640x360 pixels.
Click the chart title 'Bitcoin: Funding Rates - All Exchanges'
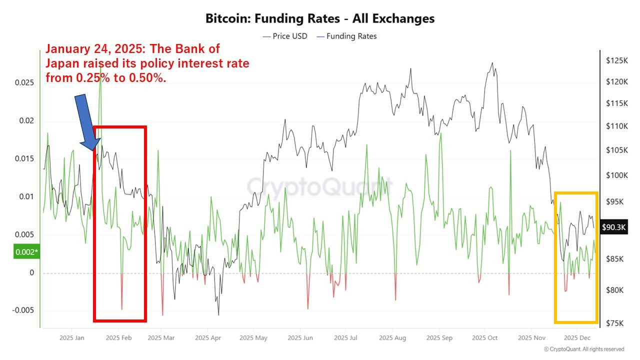coord(320,19)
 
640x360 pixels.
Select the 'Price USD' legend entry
coord(285,36)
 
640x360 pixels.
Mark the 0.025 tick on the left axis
coord(24,82)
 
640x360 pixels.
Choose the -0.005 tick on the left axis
coord(23,310)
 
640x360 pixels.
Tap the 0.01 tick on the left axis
coord(26,196)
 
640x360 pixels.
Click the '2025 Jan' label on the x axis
coord(72,338)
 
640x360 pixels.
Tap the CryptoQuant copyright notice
coord(584,349)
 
